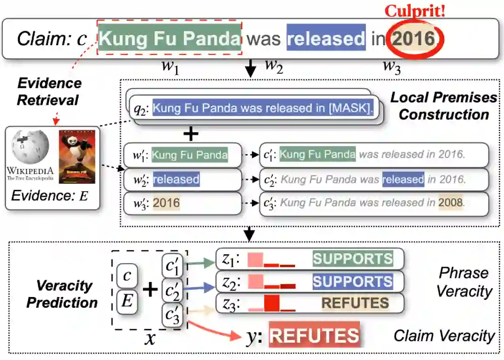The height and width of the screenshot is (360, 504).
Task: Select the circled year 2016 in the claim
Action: [x=413, y=38]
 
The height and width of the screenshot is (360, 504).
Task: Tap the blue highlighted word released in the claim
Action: [x=326, y=38]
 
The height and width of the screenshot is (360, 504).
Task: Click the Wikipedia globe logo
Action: [x=30, y=145]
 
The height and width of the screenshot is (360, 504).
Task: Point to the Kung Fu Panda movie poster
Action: [x=77, y=157]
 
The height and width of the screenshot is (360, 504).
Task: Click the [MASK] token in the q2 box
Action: [x=350, y=109]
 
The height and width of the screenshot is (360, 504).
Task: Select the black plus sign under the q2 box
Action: [x=190, y=134]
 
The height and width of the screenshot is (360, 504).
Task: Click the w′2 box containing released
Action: [x=182, y=179]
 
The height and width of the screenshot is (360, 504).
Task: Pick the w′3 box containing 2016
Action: [x=182, y=203]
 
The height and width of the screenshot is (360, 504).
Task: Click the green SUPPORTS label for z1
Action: [x=352, y=259]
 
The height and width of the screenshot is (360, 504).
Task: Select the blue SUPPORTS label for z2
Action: [x=352, y=281]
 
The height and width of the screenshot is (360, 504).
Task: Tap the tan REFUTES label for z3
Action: [x=355, y=303]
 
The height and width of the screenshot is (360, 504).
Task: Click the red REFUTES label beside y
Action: [x=314, y=336]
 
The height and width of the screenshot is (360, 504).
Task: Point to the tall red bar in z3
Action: [x=272, y=303]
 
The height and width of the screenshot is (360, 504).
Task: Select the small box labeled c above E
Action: [x=127, y=276]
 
